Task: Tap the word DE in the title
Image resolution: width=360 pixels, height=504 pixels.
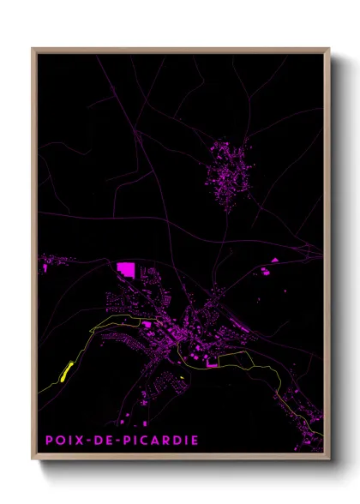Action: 104,441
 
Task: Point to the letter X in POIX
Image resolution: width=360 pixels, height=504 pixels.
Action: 80,441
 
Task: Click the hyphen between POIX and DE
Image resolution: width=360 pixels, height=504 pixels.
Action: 89,441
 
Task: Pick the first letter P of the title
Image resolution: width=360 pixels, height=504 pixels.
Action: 49,441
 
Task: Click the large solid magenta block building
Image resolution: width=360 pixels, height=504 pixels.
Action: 125,270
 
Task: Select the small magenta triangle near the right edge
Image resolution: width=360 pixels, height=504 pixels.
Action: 274,259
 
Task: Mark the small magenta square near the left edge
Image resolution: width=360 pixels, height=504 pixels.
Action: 45,268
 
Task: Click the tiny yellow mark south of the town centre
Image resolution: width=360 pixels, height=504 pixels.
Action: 182,377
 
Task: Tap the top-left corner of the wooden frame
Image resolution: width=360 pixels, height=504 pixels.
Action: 33,49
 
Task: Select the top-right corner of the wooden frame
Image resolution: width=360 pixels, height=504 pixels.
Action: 328,49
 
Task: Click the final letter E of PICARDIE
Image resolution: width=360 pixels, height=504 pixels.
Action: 195,441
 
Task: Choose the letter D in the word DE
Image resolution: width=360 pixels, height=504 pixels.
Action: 99,441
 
